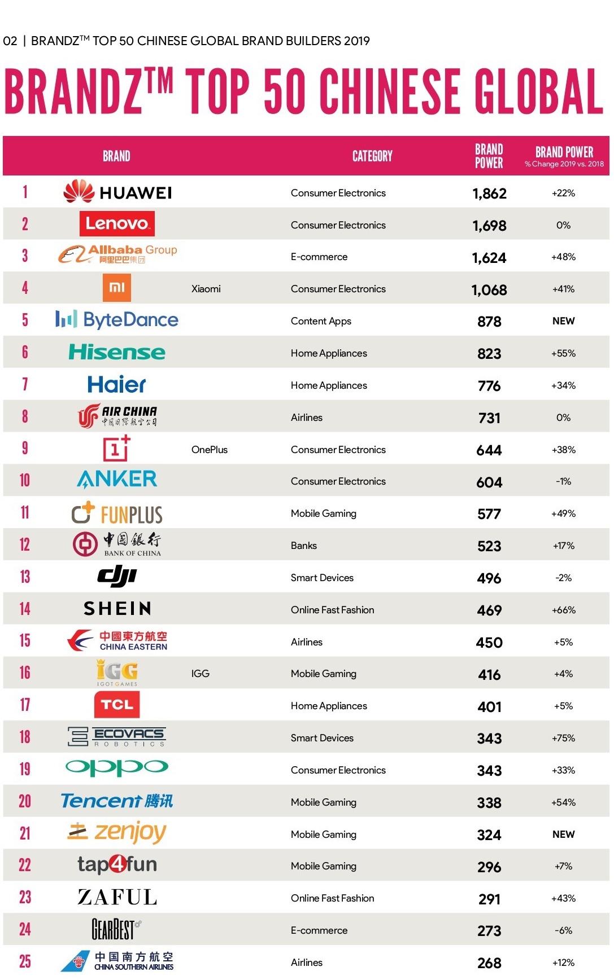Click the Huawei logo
117,192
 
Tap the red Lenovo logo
117,224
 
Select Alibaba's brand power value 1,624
489,258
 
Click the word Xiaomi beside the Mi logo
206,289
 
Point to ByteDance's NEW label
563,321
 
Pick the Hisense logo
117,353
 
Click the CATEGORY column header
372,156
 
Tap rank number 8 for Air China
25,416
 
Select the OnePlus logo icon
116,449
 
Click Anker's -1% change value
563,481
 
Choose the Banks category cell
304,546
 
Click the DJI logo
117,576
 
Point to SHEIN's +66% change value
563,610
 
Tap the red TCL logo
117,705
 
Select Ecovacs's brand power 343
489,739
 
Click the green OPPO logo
117,768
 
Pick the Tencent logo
117,801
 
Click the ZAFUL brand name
117,897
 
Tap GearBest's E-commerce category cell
319,930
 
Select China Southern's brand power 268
489,963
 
